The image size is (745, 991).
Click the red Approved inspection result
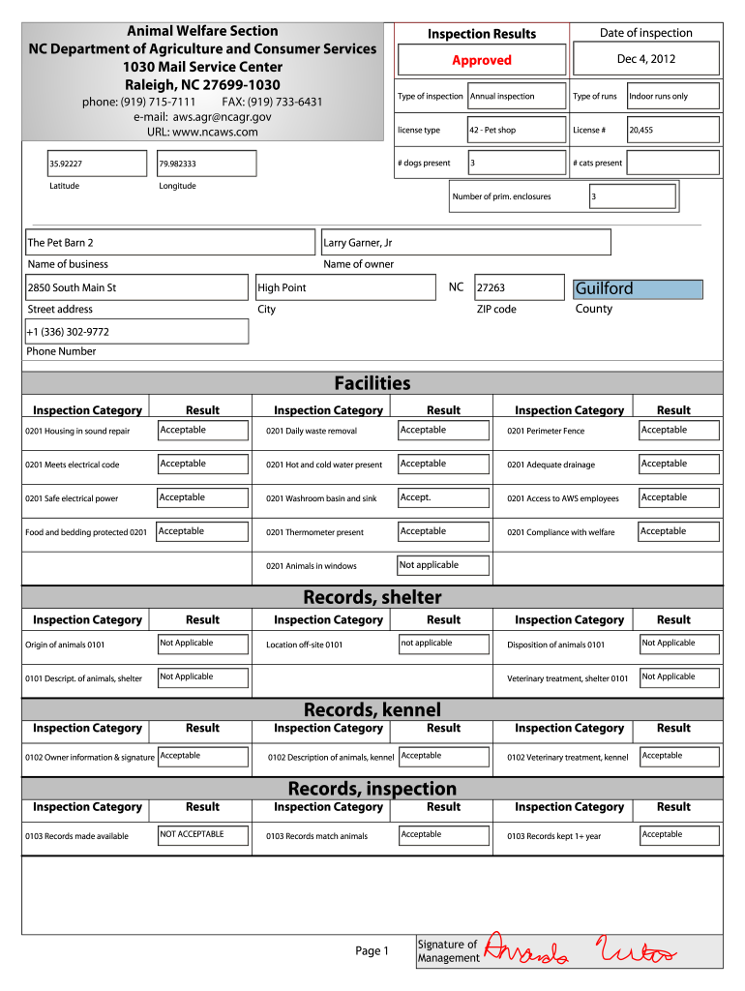click(x=481, y=60)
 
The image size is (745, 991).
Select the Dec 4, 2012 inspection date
click(x=646, y=59)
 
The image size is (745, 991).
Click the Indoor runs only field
click(x=672, y=96)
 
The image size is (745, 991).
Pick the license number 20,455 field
click(x=672, y=130)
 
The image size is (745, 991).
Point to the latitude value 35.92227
click(x=100, y=164)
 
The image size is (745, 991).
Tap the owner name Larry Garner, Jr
click(x=465, y=242)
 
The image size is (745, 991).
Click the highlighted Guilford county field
click(x=638, y=288)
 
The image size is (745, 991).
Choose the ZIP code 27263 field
click(x=518, y=287)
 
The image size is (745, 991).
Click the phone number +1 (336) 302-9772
click(x=135, y=332)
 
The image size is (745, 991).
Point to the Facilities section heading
click(x=372, y=383)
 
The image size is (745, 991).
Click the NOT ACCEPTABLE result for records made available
click(x=202, y=835)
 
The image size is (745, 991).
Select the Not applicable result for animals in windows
click(x=443, y=565)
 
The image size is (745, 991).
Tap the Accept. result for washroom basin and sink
click(x=443, y=497)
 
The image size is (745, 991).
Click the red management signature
click(x=581, y=950)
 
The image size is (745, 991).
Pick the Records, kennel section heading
click(x=372, y=710)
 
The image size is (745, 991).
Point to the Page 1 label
click(x=372, y=951)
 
